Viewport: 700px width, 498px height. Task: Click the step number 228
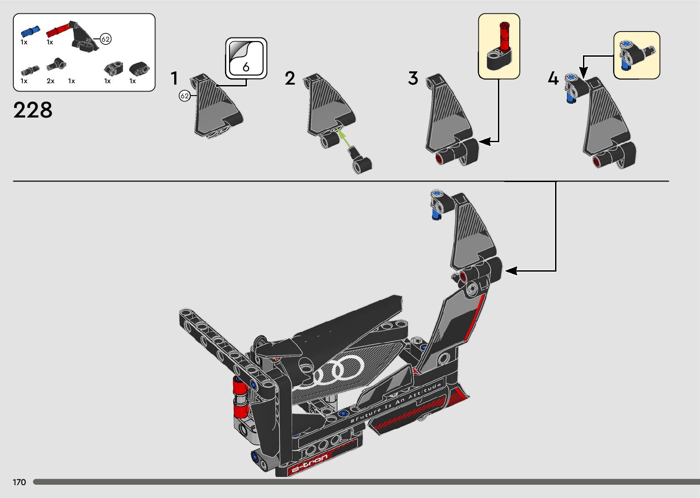pos(33,110)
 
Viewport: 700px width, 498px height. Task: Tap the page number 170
pos(19,482)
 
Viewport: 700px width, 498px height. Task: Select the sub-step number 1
pos(174,79)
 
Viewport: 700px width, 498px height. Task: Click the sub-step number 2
pos(290,79)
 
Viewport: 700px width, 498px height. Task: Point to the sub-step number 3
pos(413,79)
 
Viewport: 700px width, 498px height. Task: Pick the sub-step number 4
pos(553,79)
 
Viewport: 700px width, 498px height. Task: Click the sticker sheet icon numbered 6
pos(246,59)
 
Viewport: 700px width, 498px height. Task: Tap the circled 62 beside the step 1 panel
pos(184,96)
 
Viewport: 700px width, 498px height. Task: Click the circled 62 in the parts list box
pos(106,39)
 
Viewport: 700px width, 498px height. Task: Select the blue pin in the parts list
pos(30,32)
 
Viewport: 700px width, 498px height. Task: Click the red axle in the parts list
pos(57,31)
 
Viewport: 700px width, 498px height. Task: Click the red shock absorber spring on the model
pos(240,396)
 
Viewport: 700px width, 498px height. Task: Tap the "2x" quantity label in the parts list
pos(50,81)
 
